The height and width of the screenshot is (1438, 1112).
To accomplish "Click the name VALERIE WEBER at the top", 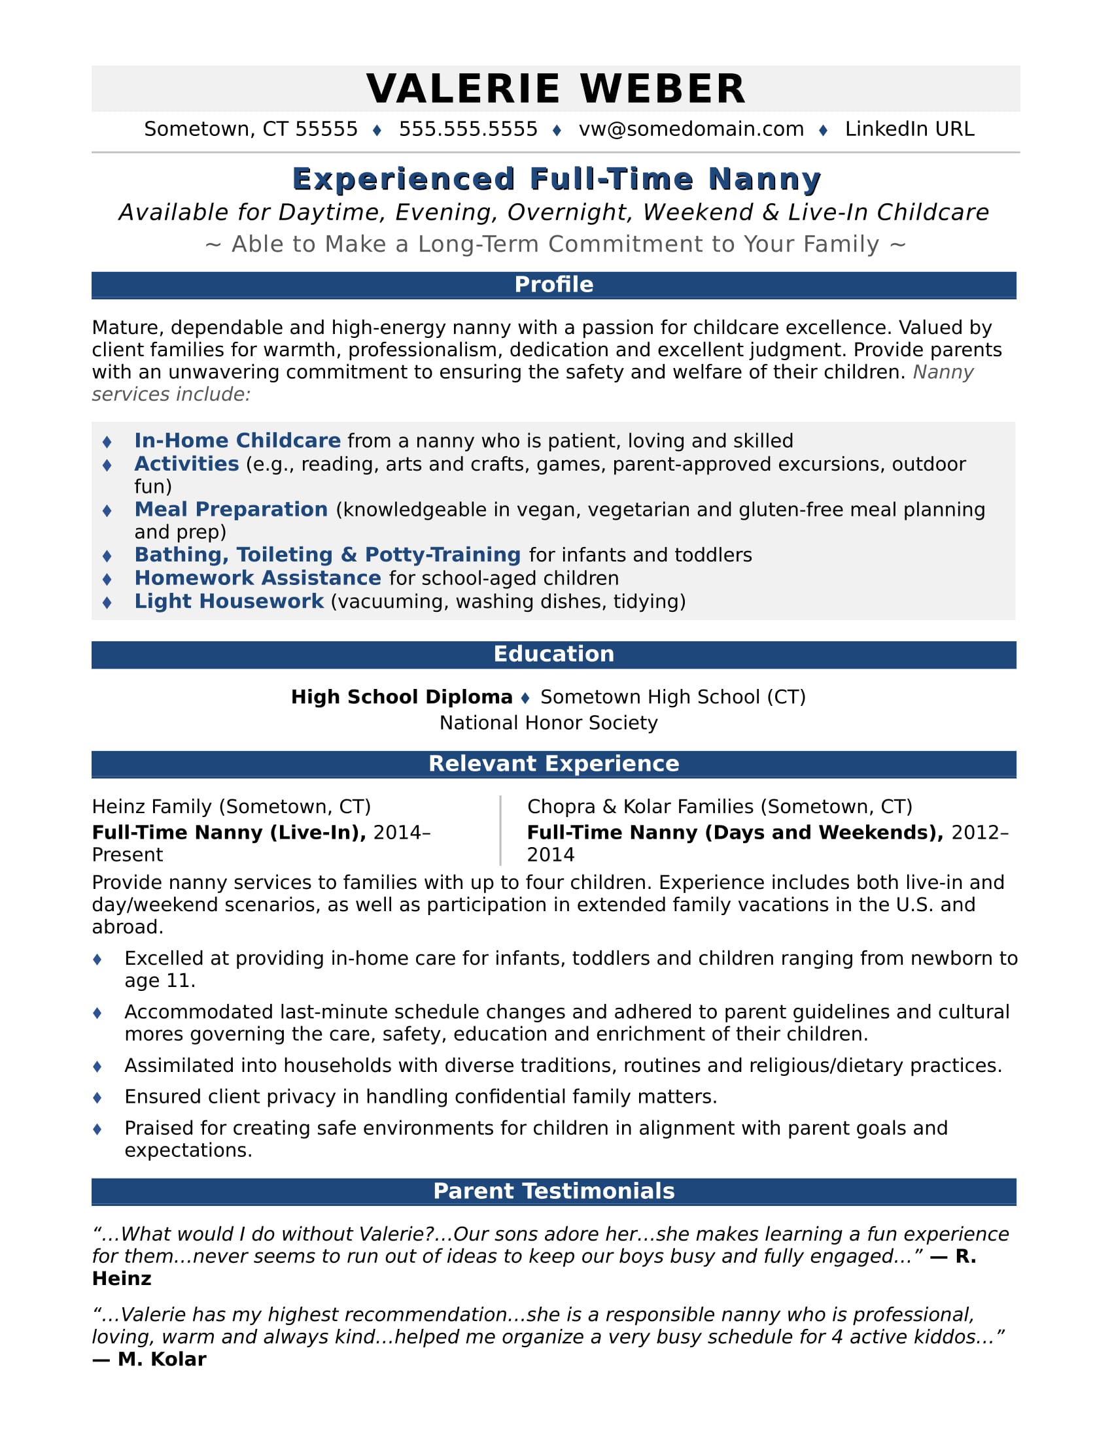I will (x=555, y=89).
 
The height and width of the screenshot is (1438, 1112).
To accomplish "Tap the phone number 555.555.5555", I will (x=468, y=129).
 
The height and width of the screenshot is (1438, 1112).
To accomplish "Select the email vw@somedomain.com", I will (x=691, y=129).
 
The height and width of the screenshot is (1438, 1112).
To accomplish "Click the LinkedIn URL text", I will (x=909, y=129).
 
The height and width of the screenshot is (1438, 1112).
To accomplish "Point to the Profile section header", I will (x=553, y=284).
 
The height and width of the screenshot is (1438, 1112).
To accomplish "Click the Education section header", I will (x=553, y=654).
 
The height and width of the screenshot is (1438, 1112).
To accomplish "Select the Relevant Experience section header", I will (x=553, y=763).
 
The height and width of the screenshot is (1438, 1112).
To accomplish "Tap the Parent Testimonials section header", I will (x=553, y=1190).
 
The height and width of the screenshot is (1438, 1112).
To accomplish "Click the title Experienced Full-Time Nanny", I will (x=556, y=179).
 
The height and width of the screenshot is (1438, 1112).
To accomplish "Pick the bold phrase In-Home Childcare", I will (x=237, y=441).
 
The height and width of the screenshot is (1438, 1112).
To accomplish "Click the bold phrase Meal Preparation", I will (x=230, y=509).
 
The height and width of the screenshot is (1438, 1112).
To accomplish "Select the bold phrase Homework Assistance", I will (x=258, y=577).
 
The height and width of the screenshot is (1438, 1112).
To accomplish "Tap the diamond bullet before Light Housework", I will (x=107, y=602).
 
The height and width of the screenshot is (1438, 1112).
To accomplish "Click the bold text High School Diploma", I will (x=401, y=697).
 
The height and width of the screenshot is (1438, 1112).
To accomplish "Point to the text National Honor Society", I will (x=548, y=723).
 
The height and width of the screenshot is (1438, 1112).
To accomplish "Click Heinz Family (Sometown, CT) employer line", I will (x=231, y=807).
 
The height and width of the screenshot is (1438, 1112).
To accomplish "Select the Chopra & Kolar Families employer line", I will (x=720, y=807).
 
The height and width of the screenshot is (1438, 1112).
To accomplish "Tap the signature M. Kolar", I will (x=162, y=1359).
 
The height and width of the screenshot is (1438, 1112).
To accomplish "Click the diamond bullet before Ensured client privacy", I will (x=97, y=1097).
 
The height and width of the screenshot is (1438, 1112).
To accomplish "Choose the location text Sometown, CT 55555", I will (x=251, y=129).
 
